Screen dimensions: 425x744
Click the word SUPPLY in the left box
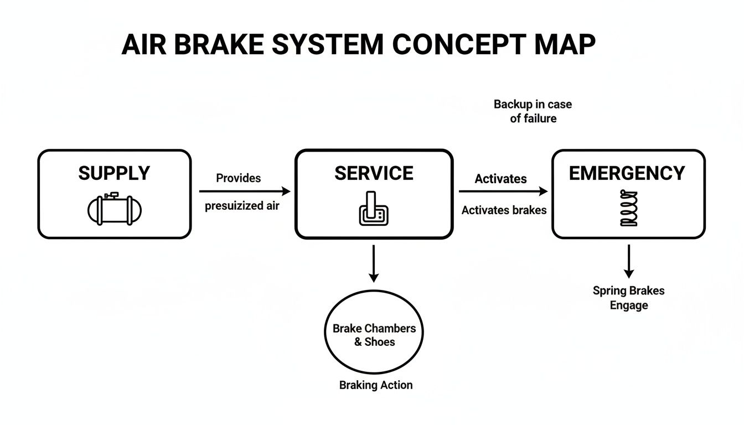[114, 173]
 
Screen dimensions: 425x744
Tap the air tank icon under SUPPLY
[115, 209]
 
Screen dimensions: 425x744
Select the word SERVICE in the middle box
[374, 173]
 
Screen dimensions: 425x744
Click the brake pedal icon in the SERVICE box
[374, 210]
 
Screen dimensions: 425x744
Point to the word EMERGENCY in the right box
[627, 173]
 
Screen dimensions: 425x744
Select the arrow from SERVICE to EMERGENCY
[503, 191]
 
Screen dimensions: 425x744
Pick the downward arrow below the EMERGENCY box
[628, 261]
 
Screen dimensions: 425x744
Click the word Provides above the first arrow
[238, 178]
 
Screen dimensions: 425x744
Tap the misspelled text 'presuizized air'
[242, 206]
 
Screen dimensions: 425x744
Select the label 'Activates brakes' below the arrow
[504, 210]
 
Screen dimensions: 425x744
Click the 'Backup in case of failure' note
[533, 111]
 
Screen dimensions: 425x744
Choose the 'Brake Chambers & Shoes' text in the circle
[374, 335]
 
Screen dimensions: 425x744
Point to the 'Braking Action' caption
[376, 385]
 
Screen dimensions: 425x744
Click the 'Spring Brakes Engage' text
[628, 298]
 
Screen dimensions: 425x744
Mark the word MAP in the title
[565, 44]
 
